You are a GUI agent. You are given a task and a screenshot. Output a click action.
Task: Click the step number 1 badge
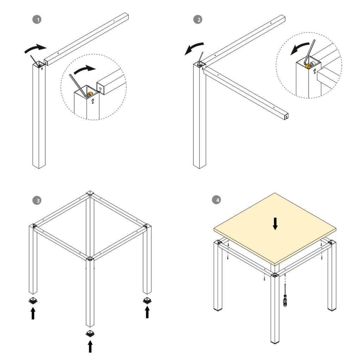[x=37, y=19]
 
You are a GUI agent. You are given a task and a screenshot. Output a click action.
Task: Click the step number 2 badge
[x=198, y=19]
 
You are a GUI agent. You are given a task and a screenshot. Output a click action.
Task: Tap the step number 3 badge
[x=37, y=200]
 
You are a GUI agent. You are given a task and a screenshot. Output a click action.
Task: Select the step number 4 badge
[x=217, y=200]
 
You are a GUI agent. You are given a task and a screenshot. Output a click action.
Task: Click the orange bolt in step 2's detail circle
[x=308, y=66]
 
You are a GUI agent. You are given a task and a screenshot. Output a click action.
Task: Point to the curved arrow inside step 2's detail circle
[x=300, y=49]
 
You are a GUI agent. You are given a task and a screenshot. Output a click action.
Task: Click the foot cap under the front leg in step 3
[x=90, y=333]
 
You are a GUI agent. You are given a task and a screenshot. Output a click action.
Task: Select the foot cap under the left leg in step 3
[x=33, y=301]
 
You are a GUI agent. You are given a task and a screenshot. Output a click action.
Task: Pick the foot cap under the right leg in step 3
[x=147, y=300]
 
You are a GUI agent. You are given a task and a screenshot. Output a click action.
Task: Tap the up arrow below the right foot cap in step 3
[x=147, y=312]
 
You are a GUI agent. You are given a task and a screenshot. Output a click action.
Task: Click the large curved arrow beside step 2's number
[x=194, y=48]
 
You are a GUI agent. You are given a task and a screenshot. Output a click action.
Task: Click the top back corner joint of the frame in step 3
[x=90, y=194]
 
